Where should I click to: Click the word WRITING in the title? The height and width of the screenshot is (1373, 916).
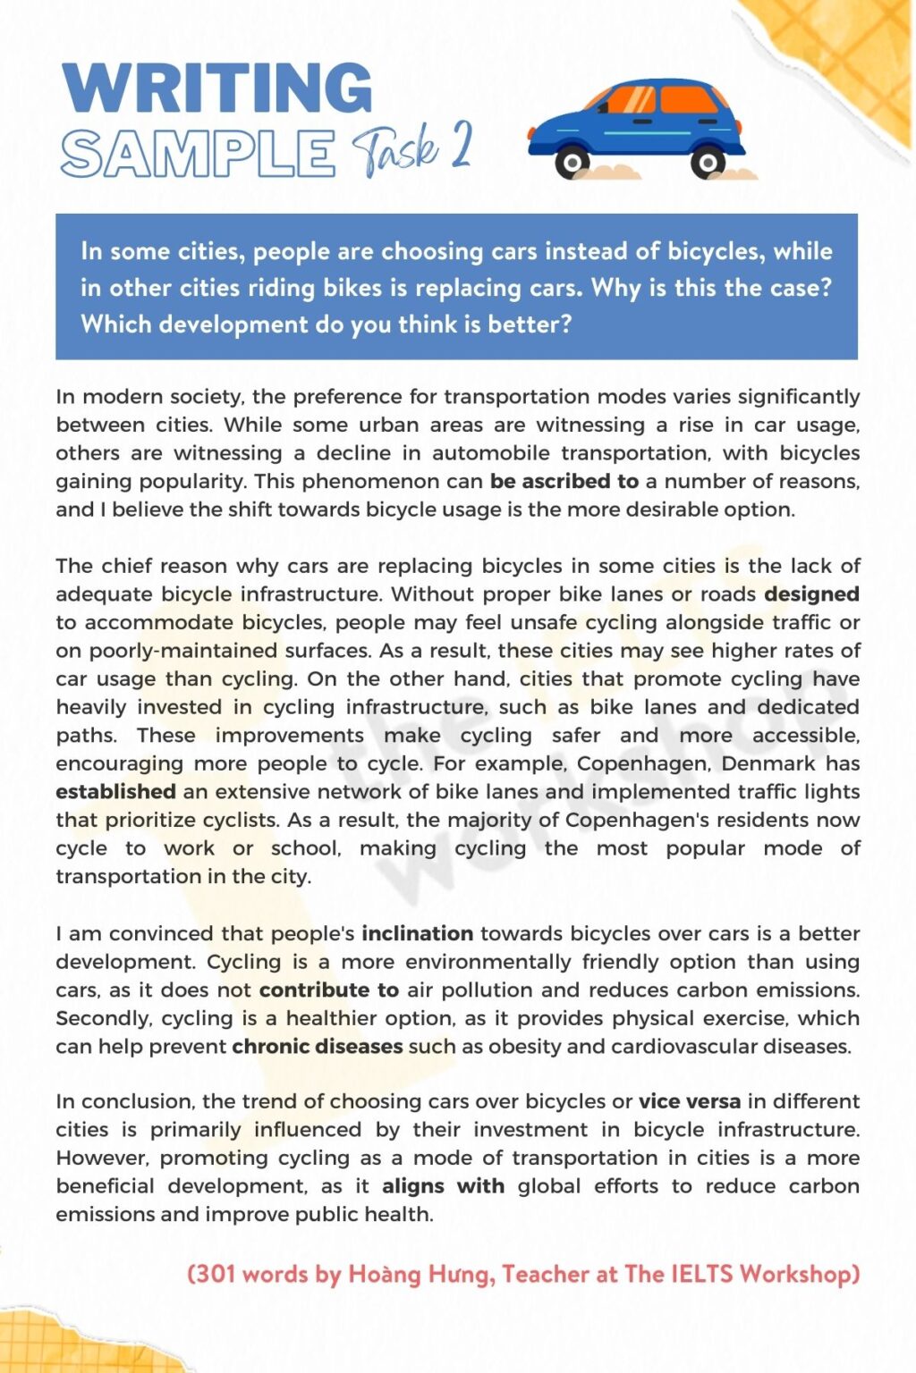coord(217,88)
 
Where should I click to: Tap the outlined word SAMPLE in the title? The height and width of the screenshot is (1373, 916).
coord(198,153)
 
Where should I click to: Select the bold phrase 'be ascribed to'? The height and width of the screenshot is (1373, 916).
coord(564,481)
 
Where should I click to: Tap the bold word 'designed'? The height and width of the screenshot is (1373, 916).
coord(811,594)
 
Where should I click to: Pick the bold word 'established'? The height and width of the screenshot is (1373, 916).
coord(115,791)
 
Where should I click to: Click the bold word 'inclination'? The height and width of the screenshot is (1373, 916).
coord(417,933)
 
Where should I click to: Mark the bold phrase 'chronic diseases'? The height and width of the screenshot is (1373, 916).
coord(318,1046)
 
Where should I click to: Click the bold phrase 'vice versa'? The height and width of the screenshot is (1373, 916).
coord(689,1101)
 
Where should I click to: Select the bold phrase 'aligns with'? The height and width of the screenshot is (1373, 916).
coord(443,1186)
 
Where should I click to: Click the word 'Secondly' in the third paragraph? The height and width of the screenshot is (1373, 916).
coord(95,1018)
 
